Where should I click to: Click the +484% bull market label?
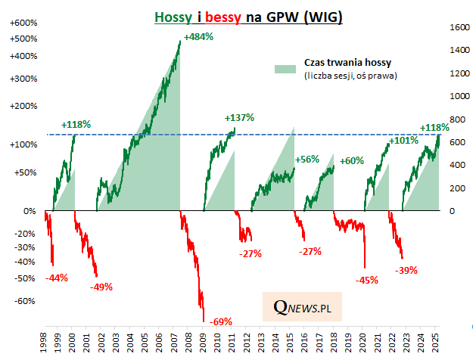point(198,37)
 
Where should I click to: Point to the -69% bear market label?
point(222,321)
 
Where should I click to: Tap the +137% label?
point(239,117)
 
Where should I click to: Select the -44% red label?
point(56,278)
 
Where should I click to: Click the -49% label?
point(101,287)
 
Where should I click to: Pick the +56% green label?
point(306,159)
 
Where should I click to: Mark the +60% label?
point(351,160)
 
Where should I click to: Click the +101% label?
point(403,140)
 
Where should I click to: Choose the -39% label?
point(406,269)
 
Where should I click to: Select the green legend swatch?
point(285,68)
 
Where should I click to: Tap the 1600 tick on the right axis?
point(457,27)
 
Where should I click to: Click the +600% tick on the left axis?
point(21,23)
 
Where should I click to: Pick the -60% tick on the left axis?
point(24,300)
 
